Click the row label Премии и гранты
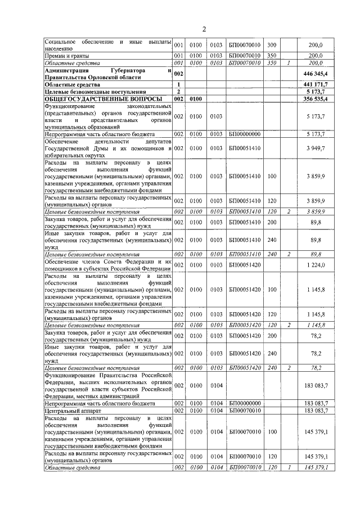point(64,56)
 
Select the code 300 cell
point(272,45)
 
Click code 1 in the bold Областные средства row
point(178,84)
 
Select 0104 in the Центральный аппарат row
point(216,411)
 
